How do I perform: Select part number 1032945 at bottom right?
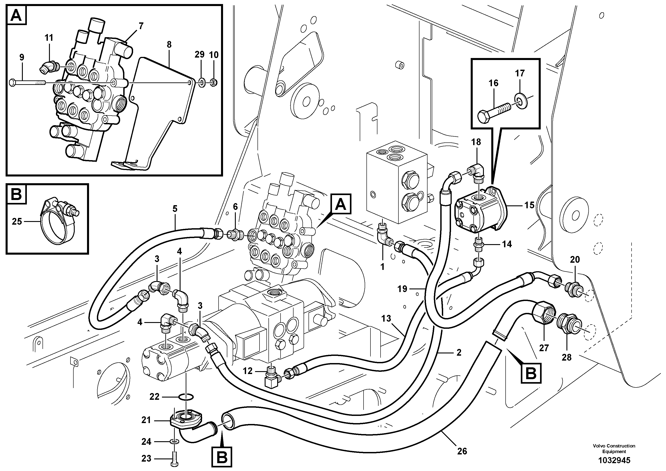click(614, 460)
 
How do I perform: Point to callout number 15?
click(529, 205)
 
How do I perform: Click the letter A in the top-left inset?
click(16, 15)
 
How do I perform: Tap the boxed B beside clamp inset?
click(16, 194)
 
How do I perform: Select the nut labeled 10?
click(213, 83)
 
